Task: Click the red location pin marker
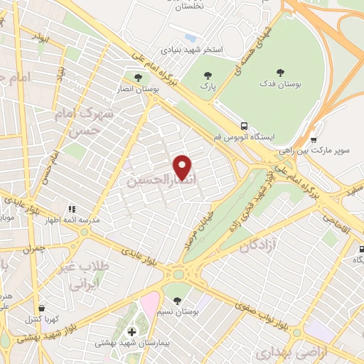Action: click(x=183, y=166)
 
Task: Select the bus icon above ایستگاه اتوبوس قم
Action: click(x=244, y=124)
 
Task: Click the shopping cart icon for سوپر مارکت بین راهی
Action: click(x=314, y=140)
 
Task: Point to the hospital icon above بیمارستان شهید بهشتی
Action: click(x=131, y=331)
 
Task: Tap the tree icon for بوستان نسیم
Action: click(x=177, y=301)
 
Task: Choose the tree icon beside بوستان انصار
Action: click(x=138, y=75)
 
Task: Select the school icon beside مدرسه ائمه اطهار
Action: click(x=72, y=209)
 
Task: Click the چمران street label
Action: click(x=33, y=249)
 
